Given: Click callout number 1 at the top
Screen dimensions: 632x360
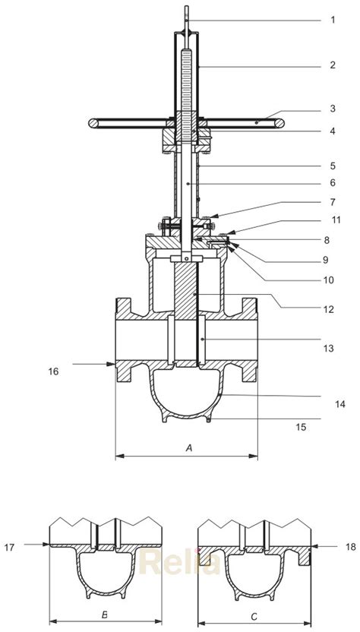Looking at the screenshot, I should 332,20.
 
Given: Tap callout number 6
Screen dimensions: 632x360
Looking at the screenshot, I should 332,183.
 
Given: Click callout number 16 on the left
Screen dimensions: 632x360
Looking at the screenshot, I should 53,371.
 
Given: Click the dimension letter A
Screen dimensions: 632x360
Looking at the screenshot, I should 188,449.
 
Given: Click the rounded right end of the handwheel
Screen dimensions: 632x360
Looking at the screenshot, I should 282,121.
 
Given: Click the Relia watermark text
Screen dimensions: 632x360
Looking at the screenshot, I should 181,563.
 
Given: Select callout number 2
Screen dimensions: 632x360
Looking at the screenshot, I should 332,65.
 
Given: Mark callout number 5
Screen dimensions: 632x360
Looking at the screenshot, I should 332,166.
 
